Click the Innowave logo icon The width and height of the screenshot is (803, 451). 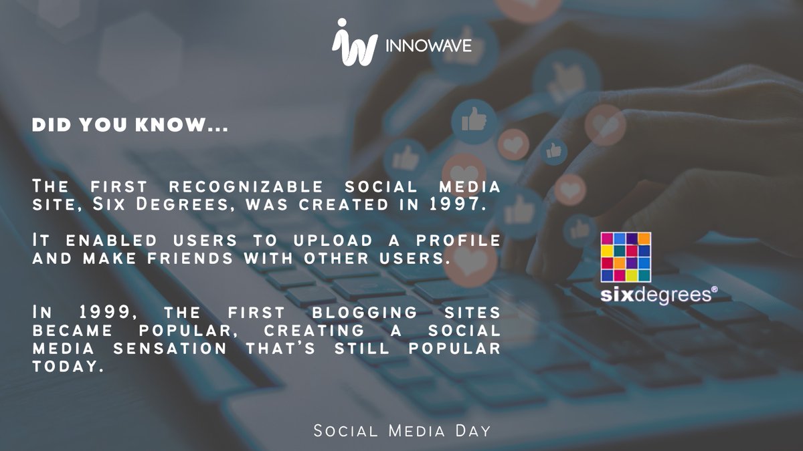pyautogui.click(x=354, y=44)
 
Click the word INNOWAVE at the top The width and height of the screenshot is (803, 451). pyautogui.click(x=429, y=46)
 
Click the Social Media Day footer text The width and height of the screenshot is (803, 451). pyautogui.click(x=402, y=431)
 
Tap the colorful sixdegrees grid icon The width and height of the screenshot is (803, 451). pyautogui.click(x=626, y=257)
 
